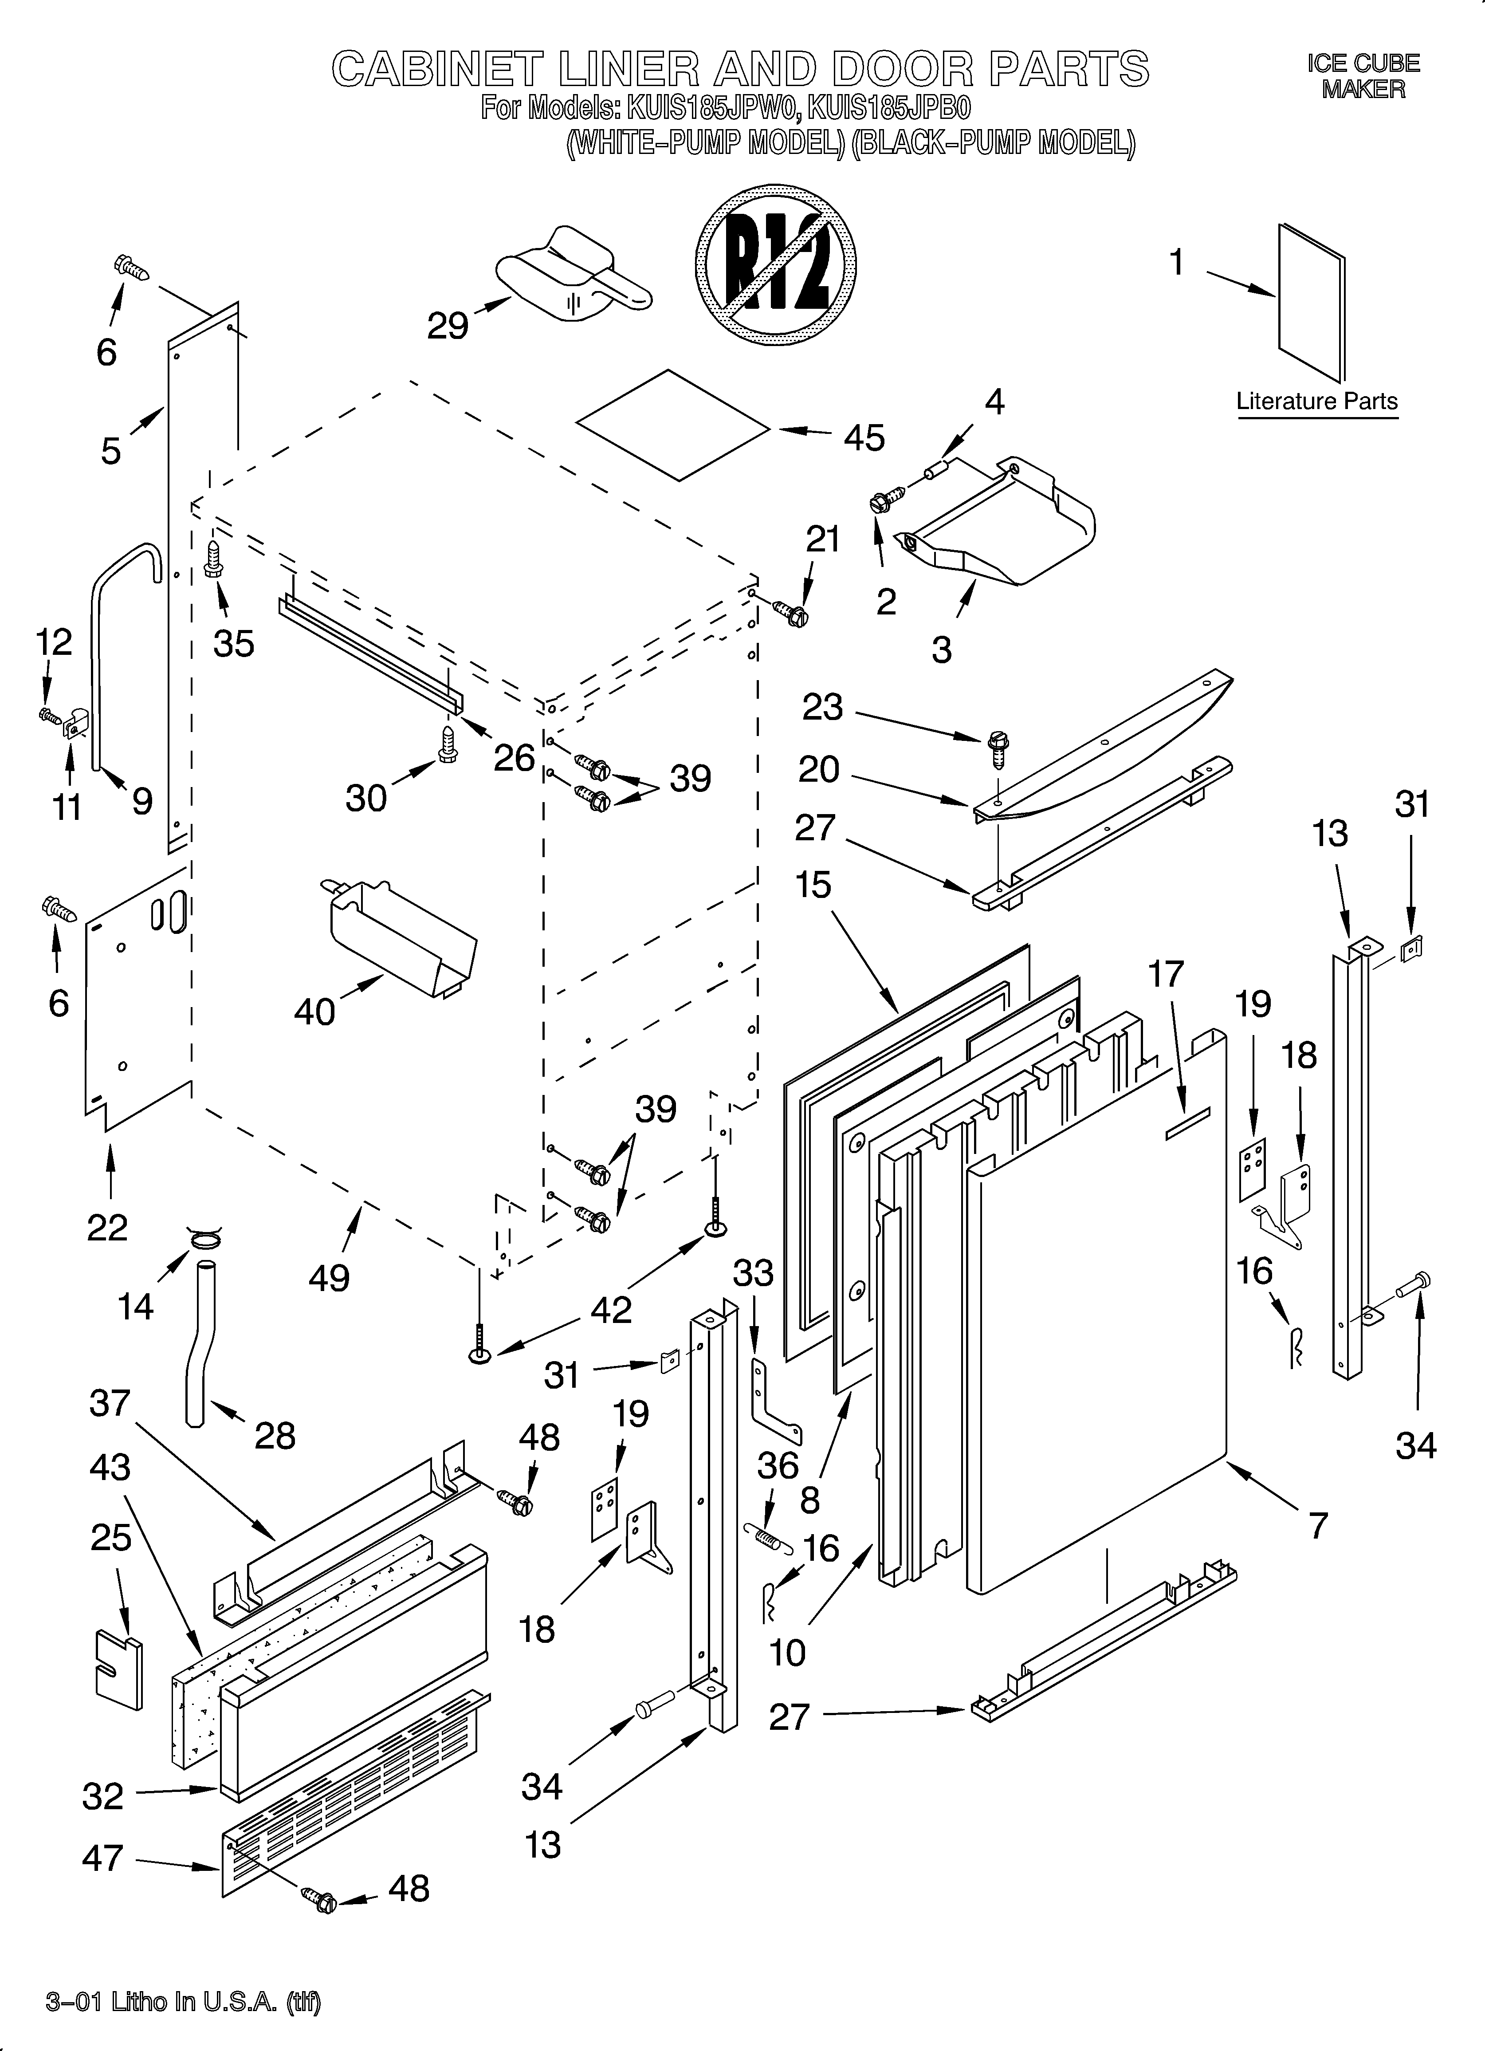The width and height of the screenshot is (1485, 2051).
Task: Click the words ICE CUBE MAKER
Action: point(1363,76)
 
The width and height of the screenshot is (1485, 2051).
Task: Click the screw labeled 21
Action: point(791,615)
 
